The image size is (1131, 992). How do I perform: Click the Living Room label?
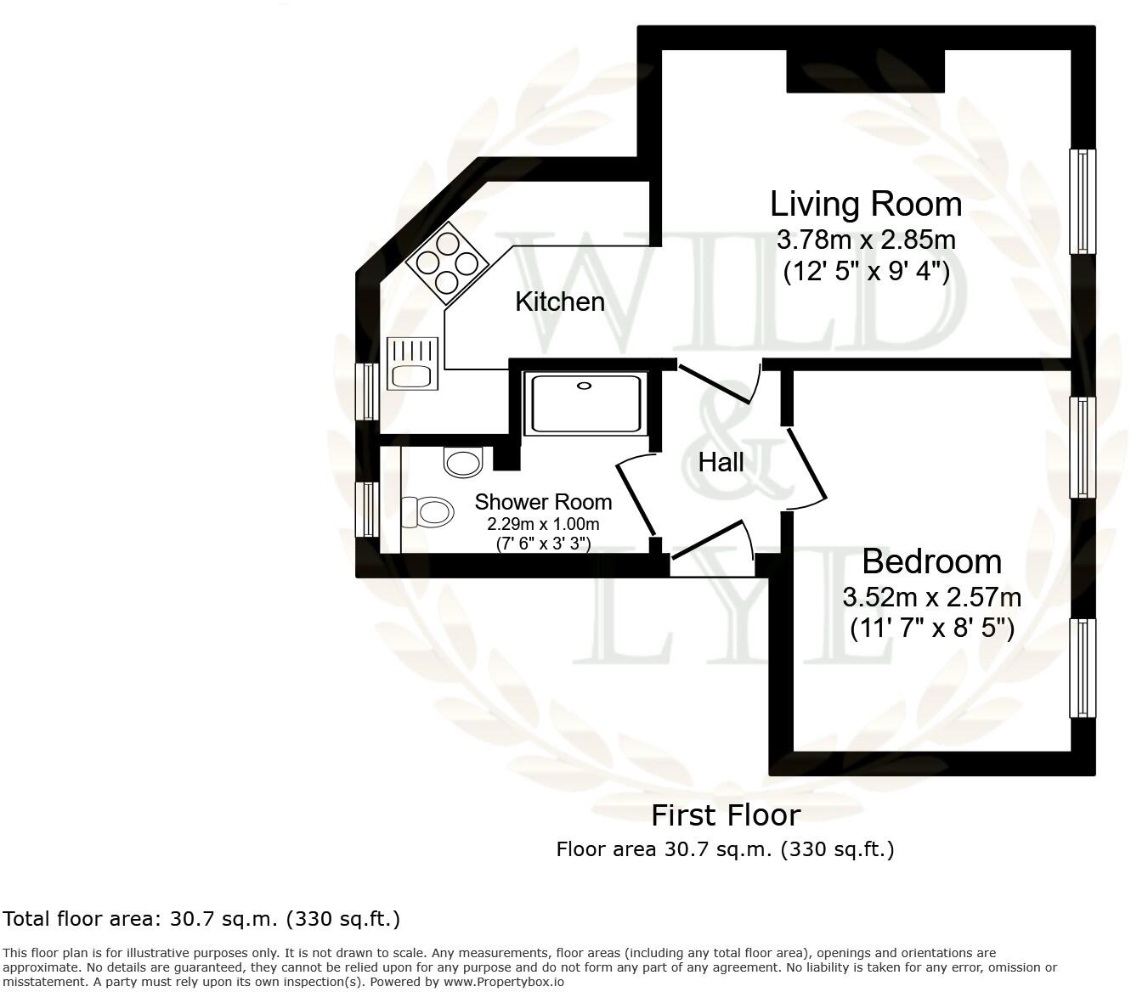point(865,205)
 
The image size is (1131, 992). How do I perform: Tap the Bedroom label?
point(931,562)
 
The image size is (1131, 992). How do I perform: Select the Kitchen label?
point(560,302)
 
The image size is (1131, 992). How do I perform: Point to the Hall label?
point(721,463)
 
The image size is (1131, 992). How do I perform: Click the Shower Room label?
point(543,502)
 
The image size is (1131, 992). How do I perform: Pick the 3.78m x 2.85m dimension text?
point(865,240)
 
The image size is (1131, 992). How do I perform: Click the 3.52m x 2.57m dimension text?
point(931,597)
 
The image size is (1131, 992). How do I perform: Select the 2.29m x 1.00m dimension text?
point(543,524)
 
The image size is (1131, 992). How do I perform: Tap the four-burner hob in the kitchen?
point(448,262)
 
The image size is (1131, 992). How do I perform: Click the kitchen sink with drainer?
point(412,364)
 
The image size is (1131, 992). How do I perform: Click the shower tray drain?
point(584,386)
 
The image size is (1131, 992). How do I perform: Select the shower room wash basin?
point(463,463)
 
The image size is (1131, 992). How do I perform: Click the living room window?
point(1082,201)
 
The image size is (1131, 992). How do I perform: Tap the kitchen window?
point(366,392)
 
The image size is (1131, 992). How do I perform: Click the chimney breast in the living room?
point(865,71)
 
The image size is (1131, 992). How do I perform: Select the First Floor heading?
point(726,815)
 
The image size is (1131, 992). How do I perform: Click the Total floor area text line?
point(201,919)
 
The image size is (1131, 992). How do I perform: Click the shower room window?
point(366,510)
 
